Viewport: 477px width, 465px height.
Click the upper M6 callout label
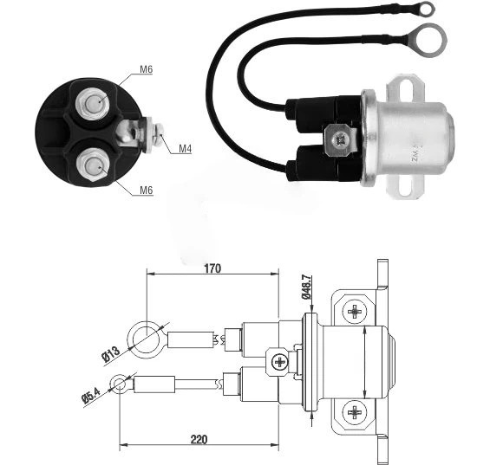point(146,69)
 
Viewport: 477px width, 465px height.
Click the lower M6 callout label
point(146,191)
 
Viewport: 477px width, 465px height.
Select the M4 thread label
point(185,149)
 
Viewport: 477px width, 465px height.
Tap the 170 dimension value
point(212,268)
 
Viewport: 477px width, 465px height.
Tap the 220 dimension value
point(199,440)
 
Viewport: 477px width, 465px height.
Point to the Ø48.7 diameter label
point(306,287)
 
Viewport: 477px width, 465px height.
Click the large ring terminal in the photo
point(430,41)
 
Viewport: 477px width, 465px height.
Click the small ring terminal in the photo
point(426,9)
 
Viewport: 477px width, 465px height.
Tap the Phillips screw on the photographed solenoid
point(339,140)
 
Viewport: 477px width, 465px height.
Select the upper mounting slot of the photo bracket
point(407,90)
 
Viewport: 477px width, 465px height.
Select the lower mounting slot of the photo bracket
point(406,185)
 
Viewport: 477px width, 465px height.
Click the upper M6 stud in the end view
point(93,103)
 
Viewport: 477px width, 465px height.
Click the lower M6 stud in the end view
point(92,165)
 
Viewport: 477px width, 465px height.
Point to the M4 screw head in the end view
point(159,134)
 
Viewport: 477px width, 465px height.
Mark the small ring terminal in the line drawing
point(120,384)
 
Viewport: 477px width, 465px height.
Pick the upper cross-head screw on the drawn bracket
point(355,311)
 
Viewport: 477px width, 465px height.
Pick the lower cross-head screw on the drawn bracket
point(355,412)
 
